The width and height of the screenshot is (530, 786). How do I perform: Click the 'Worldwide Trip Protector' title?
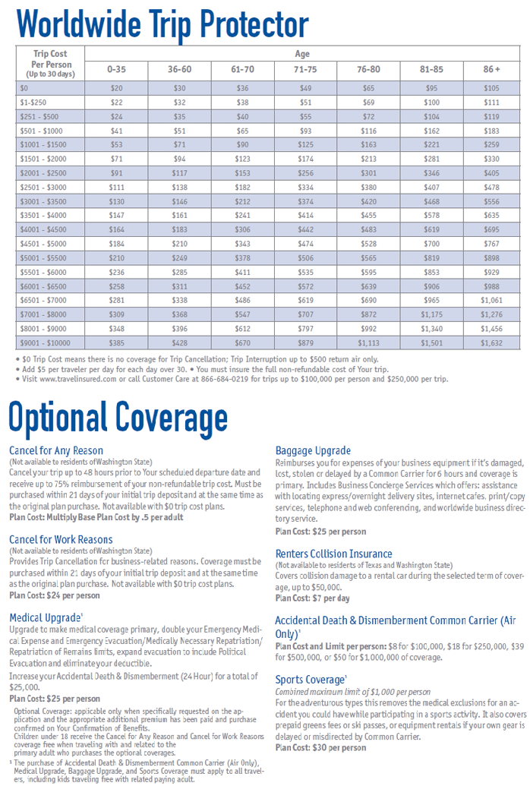[162, 24]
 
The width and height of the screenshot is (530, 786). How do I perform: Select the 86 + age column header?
[491, 69]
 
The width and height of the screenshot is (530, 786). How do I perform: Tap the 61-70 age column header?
[243, 69]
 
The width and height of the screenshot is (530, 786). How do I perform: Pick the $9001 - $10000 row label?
[45, 342]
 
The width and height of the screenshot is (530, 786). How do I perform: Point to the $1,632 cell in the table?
[491, 342]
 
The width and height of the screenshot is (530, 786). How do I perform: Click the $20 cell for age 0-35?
[116, 88]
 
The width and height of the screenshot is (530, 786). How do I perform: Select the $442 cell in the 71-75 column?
[305, 229]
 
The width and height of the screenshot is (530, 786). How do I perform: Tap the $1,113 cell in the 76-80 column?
[368, 342]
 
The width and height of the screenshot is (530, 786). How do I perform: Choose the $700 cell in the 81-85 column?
[431, 244]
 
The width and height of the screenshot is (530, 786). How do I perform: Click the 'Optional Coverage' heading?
[118, 417]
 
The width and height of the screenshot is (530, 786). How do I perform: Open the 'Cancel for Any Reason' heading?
[56, 450]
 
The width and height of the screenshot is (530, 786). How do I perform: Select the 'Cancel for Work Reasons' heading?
[62, 539]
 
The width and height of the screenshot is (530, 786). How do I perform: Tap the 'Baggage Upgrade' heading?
[313, 450]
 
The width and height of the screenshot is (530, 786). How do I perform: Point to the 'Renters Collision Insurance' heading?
[334, 554]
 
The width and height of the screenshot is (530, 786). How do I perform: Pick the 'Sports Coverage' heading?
[311, 680]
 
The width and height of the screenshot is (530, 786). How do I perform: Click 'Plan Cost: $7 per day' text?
[312, 598]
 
